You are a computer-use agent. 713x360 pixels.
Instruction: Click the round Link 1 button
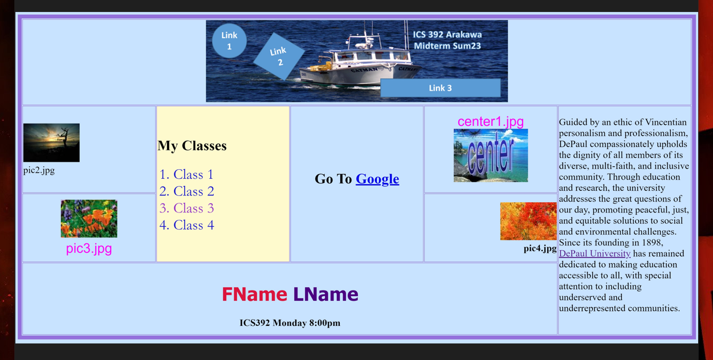229,40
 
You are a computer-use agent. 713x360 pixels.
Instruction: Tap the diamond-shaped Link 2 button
279,56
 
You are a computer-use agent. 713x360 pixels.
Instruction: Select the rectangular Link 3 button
440,88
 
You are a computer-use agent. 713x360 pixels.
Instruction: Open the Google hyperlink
377,179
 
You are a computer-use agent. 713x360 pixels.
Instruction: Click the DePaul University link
594,253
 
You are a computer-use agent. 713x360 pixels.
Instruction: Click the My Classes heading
192,146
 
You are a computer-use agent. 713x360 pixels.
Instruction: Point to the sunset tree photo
51,143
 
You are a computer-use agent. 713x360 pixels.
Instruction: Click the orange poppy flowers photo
89,219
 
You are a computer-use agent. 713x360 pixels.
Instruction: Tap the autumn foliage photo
528,221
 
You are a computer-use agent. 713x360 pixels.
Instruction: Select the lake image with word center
491,156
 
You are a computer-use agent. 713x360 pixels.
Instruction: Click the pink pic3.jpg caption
89,248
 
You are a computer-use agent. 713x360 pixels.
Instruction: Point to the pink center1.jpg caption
491,121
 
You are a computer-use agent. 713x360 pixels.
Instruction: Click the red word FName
254,294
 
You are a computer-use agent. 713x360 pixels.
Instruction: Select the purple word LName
325,294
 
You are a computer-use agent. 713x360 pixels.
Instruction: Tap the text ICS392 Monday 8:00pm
290,323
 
